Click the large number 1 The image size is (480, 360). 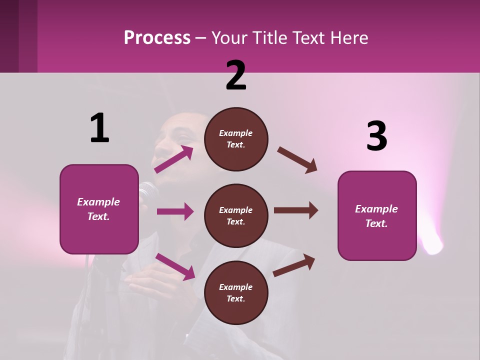coord(99,128)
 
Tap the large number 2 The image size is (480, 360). coord(236,75)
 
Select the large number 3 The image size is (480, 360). coord(376,136)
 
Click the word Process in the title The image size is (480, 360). coord(157,37)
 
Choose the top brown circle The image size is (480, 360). coord(236,139)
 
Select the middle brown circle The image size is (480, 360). coord(236,215)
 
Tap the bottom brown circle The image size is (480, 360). coord(236,292)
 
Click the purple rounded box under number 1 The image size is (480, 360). coord(99,209)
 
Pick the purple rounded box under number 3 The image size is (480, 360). coord(377,215)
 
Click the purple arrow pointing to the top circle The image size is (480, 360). coord(174,159)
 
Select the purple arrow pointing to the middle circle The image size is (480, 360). coord(175,211)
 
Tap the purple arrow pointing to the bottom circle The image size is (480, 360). coord(175,266)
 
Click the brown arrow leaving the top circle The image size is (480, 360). coord(297,159)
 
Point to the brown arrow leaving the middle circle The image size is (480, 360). coord(296,210)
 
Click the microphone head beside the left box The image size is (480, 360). coord(148,191)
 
